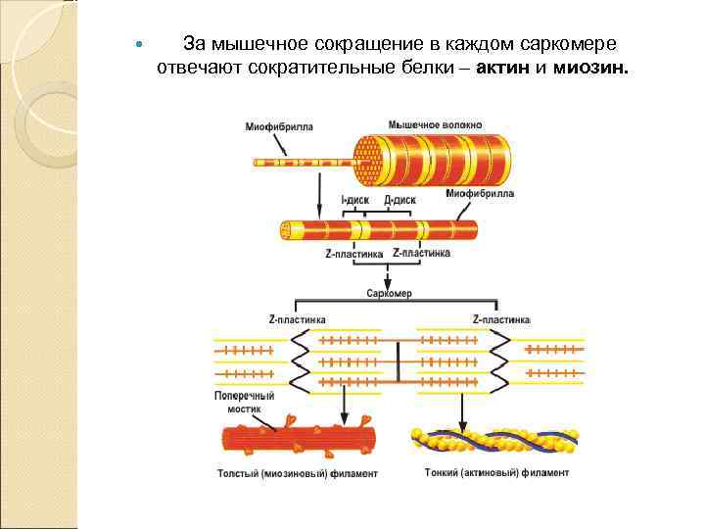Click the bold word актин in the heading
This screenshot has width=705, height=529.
pyautogui.click(x=504, y=70)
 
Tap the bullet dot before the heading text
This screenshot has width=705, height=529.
pyautogui.click(x=138, y=46)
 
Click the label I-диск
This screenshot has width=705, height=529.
pyautogui.click(x=354, y=200)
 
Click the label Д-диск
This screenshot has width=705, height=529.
pyautogui.click(x=399, y=200)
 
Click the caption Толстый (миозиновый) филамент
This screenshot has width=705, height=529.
pyautogui.click(x=297, y=473)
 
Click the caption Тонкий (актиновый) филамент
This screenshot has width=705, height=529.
pyautogui.click(x=496, y=472)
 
